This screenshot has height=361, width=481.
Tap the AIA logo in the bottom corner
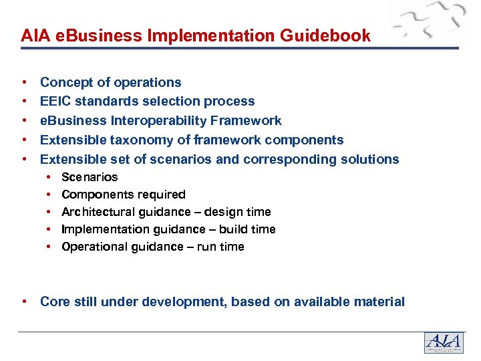pos(444,342)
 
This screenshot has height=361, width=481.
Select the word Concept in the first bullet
pos(65,82)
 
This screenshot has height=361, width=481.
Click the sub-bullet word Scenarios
pos(90,177)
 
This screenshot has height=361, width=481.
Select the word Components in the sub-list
pos(96,195)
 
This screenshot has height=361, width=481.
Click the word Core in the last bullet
pos(55,302)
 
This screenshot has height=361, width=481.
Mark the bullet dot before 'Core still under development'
pos(25,302)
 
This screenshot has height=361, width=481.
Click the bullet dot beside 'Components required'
pos(50,195)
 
